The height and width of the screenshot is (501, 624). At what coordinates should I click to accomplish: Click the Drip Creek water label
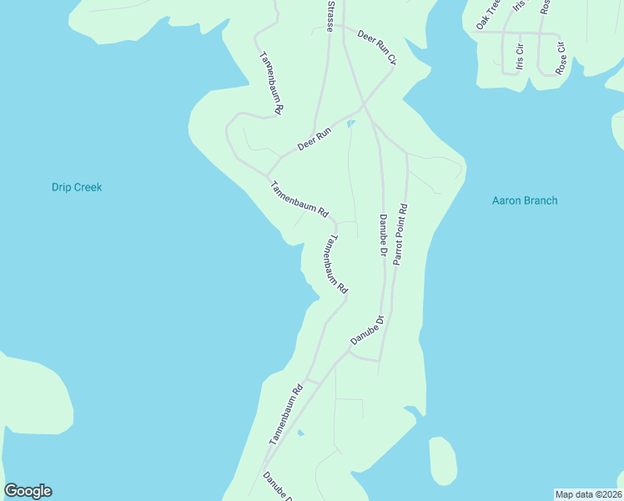pyautogui.click(x=76, y=187)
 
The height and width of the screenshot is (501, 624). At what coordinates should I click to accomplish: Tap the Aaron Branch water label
pyautogui.click(x=524, y=200)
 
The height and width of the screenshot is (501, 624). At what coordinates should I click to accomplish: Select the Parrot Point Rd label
pyautogui.click(x=400, y=235)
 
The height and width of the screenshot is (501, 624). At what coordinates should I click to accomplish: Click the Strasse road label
pyautogui.click(x=331, y=16)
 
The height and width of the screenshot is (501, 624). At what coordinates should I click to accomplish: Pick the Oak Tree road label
pyautogui.click(x=487, y=15)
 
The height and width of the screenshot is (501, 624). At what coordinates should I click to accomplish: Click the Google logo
pyautogui.click(x=28, y=491)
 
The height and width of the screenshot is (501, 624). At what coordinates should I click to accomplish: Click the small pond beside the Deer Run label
pyautogui.click(x=350, y=124)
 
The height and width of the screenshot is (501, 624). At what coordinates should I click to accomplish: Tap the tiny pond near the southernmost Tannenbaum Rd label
pyautogui.click(x=300, y=433)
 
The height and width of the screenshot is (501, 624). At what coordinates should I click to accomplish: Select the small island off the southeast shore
pyautogui.click(x=443, y=460)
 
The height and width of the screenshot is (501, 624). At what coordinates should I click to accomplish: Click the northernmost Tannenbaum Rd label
pyautogui.click(x=272, y=82)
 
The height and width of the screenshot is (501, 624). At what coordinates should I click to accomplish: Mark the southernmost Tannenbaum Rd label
pyautogui.click(x=285, y=414)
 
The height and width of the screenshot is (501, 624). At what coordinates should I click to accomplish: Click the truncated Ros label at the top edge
pyautogui.click(x=545, y=7)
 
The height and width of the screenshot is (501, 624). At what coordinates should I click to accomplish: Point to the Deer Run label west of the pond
pyautogui.click(x=315, y=139)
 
